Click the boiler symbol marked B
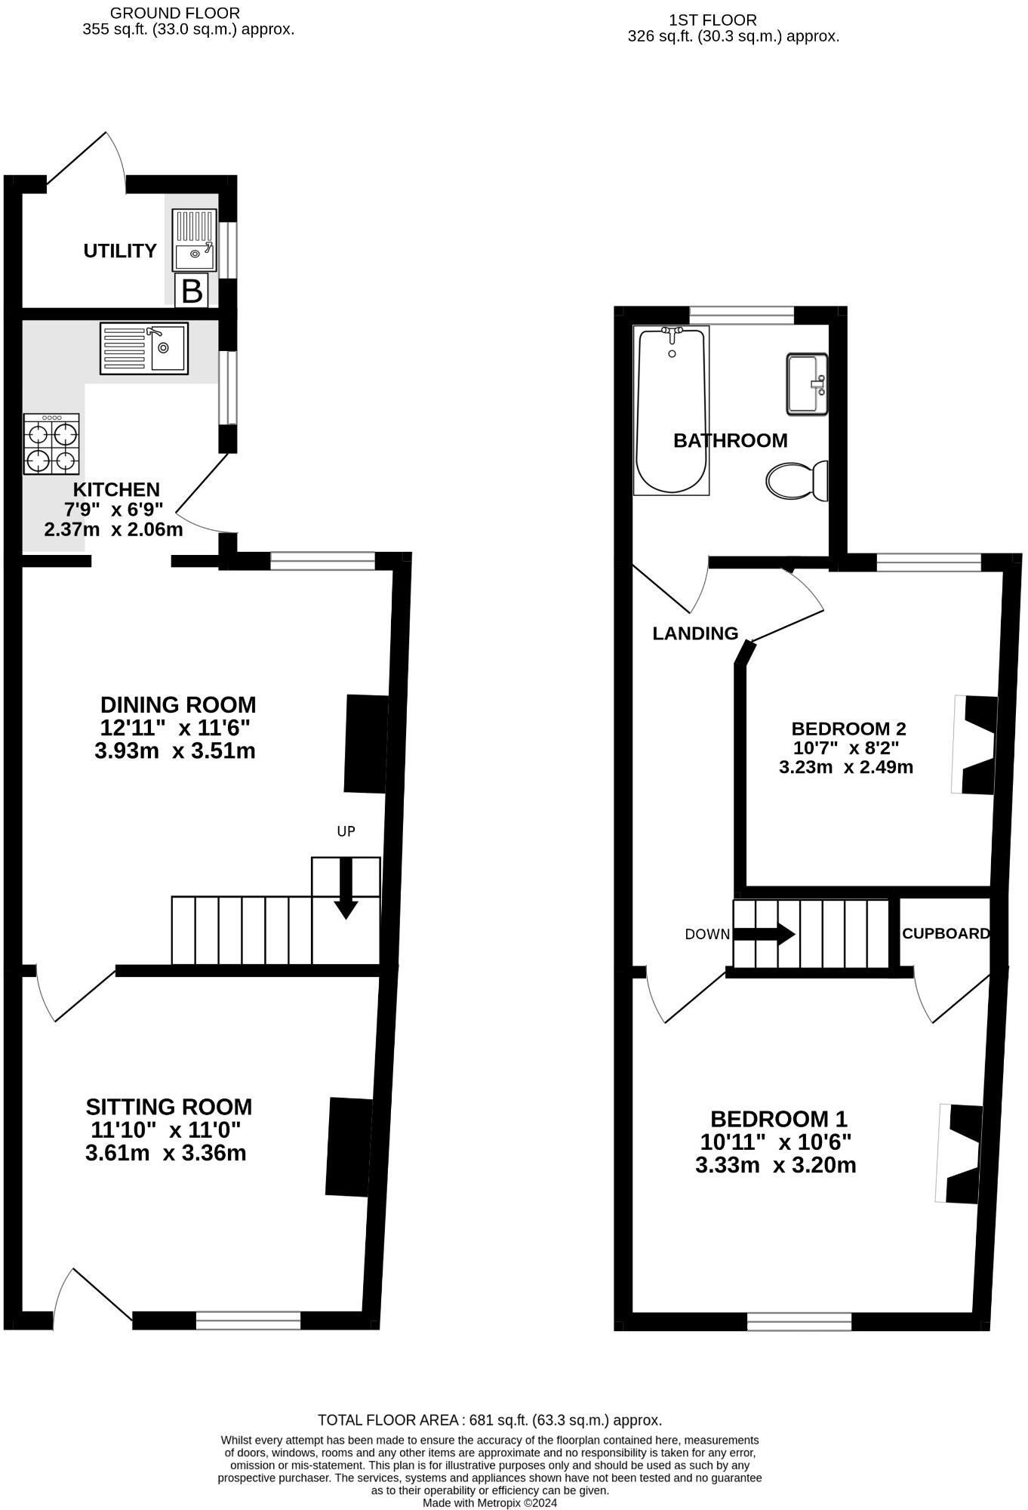pos(192,291)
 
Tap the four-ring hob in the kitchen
pos(52,444)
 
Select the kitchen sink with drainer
pos(144,348)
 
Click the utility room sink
pos(195,240)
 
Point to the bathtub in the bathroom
pos(672,410)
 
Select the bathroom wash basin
pos(807,384)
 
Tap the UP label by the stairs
pos(346,831)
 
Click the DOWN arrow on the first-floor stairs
pos(765,934)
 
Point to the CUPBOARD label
pos(946,933)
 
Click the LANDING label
pos(695,633)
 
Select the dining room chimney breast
pos(367,744)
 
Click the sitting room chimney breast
pos(349,1147)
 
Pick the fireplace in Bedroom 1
pos(959,1154)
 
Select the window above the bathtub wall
pos(741,316)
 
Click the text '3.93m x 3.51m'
pos(175,751)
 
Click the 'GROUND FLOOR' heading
pos(175,13)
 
